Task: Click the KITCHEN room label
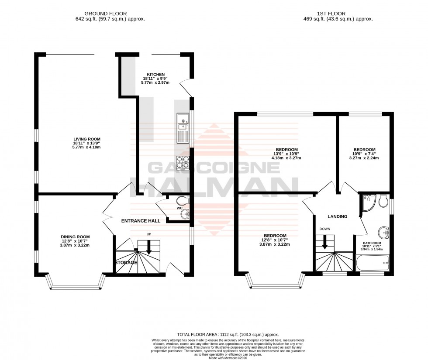(x=155, y=74)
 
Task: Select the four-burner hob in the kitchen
(x=183, y=163)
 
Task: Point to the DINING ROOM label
(x=75, y=237)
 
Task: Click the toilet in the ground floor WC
(x=181, y=200)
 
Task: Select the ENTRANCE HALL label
(x=140, y=221)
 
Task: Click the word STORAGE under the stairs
(x=126, y=263)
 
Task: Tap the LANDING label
(x=338, y=216)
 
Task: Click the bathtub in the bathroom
(x=372, y=264)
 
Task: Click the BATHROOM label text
(x=372, y=243)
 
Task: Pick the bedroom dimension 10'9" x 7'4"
(x=364, y=154)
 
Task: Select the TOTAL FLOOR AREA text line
(x=227, y=335)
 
